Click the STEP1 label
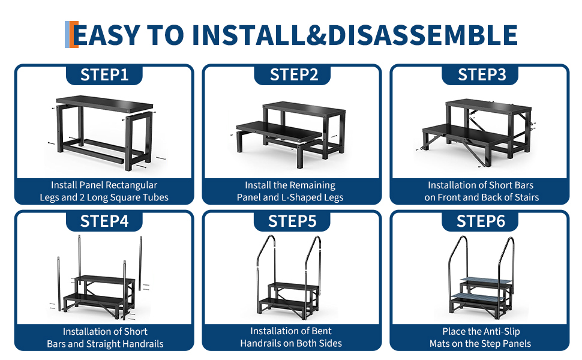pyautogui.click(x=104, y=74)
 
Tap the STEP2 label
pyautogui.click(x=294, y=74)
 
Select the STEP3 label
pyautogui.click(x=482, y=74)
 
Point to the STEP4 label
pyautogui.click(x=104, y=221)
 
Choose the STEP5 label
pyautogui.click(x=292, y=221)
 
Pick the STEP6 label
pyautogui.click(x=481, y=221)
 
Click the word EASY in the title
pyautogui.click(x=107, y=35)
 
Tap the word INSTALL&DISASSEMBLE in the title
pyautogui.click(x=355, y=35)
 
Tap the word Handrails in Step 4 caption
pyautogui.click(x=143, y=344)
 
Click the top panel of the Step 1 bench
pyautogui.click(x=104, y=104)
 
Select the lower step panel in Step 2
pyautogui.click(x=279, y=131)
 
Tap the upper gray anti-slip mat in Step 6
pyautogui.click(x=486, y=281)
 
